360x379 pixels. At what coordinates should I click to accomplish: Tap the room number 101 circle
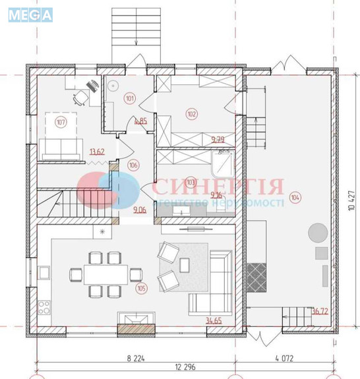129,100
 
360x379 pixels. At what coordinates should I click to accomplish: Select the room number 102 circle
192,114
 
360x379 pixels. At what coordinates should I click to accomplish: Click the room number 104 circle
295,197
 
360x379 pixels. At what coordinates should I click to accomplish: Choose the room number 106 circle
133,165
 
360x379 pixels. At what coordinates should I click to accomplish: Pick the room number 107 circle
61,122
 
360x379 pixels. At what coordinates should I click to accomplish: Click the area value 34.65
213,320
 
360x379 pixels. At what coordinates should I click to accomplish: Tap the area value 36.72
320,311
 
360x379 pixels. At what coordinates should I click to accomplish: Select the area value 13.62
97,151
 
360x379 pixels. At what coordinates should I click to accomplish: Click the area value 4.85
140,121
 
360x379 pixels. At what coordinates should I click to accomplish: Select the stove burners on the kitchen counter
45,306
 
